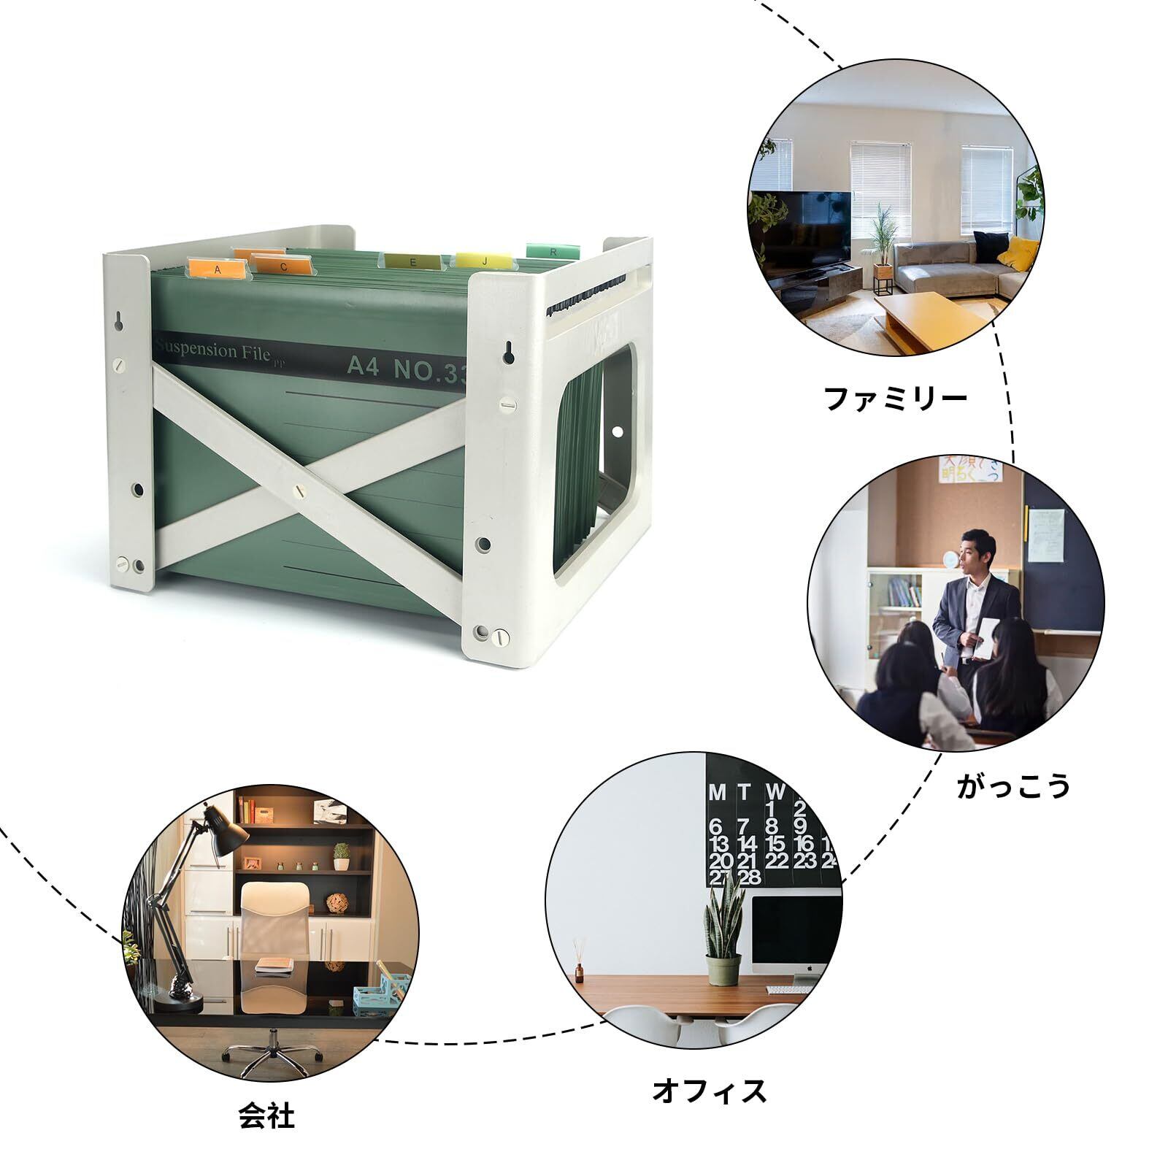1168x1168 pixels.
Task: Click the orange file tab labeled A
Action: point(216,269)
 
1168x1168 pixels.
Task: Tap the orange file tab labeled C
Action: point(283,266)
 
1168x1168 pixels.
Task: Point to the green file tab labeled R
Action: point(553,251)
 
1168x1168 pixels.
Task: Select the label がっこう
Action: point(1013,786)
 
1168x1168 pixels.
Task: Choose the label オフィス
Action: point(710,1092)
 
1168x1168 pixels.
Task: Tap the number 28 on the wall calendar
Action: point(750,877)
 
